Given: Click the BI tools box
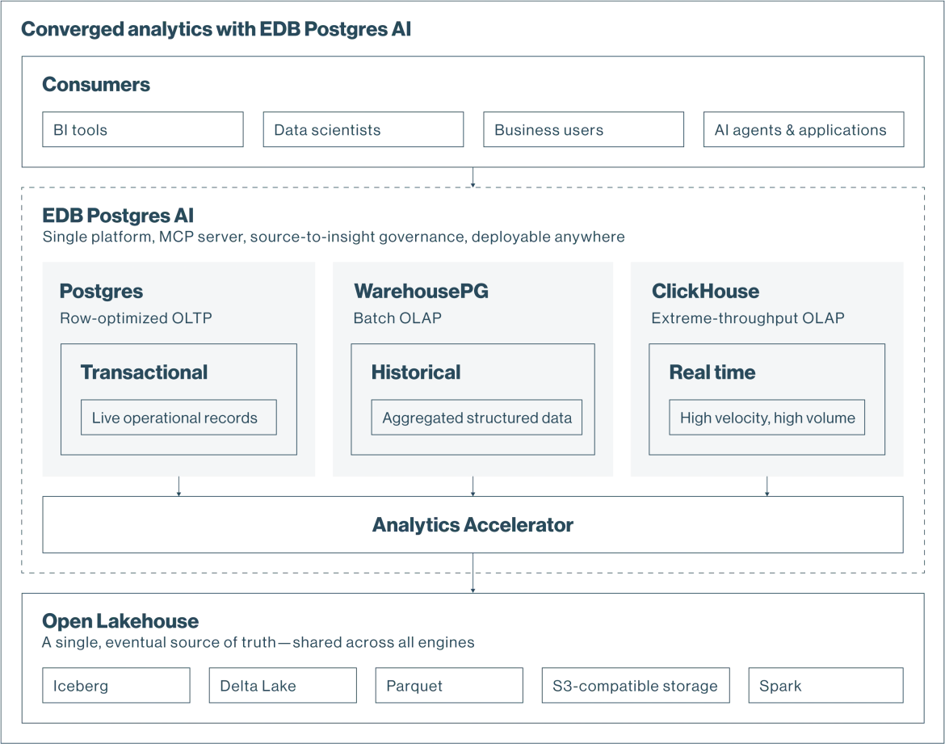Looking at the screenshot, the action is coord(143,129).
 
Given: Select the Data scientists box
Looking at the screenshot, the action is coord(363,129).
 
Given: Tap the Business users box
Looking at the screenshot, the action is coord(583,129).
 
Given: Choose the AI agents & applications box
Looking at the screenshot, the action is coord(804,129).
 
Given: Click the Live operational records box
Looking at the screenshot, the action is coord(179,417).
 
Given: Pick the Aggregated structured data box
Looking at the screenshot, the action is coord(477,417).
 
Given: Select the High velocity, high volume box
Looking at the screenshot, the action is coord(767,417).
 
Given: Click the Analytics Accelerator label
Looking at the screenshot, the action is coord(473,524).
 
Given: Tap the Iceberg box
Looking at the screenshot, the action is coord(116,685).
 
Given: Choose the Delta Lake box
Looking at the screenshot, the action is coord(283,685).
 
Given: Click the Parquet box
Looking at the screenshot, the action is coord(450,685).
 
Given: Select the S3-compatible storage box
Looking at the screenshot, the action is coord(636,685).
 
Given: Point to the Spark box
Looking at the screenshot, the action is coord(826,685).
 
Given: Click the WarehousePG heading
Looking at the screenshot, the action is coord(422,291).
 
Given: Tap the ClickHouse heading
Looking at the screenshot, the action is coord(706,291).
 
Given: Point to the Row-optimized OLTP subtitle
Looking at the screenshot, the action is coord(136,317).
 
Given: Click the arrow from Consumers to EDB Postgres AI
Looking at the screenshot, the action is coord(473,177).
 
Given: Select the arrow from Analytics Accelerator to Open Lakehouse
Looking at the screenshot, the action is coord(473,573).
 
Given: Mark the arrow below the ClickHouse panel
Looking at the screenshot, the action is coord(767,486).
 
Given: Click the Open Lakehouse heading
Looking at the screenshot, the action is coord(120,621).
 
